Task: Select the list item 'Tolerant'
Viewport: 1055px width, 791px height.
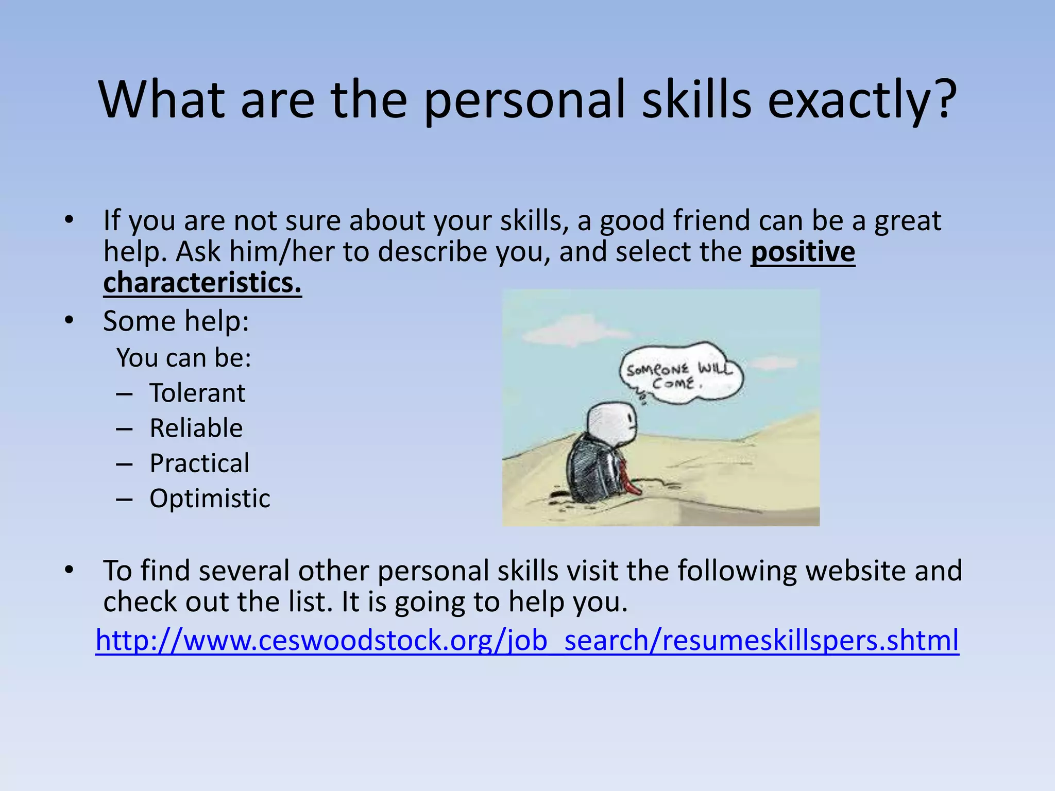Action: [197, 393]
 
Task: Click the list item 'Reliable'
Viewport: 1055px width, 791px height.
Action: [196, 428]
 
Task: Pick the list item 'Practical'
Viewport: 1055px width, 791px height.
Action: [199, 463]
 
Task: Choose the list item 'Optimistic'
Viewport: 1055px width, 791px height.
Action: [210, 498]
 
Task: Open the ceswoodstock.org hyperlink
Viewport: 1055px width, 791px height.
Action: [527, 640]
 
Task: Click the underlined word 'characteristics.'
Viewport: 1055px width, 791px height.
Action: [202, 283]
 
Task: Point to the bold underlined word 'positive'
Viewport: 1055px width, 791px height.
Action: [803, 252]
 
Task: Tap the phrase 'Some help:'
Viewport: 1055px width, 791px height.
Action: [176, 321]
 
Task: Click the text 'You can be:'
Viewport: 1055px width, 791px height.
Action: [184, 357]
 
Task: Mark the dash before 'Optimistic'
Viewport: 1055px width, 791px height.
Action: [124, 499]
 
